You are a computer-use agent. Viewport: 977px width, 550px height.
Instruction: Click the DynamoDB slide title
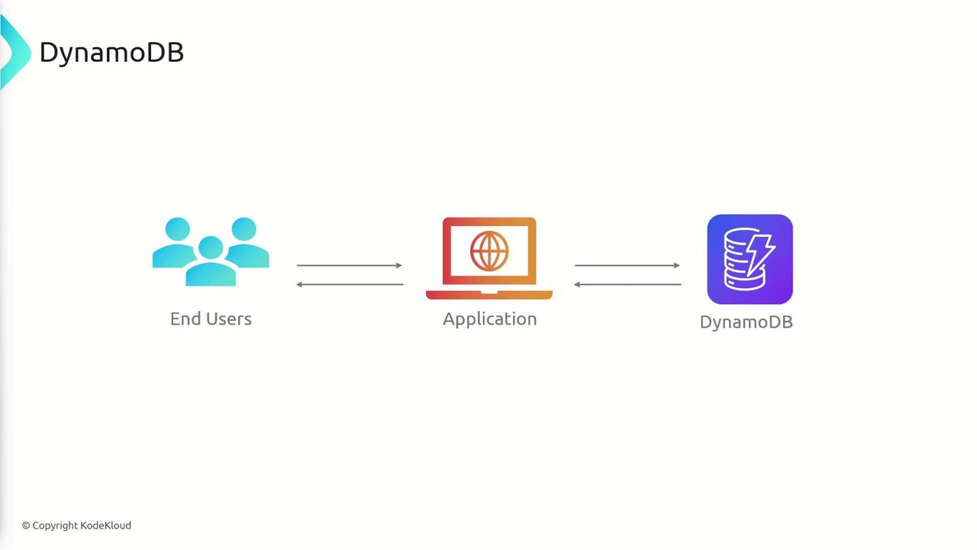[111, 53]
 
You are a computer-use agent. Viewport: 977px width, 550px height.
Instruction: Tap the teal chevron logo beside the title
[16, 52]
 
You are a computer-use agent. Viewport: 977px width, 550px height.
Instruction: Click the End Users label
[211, 319]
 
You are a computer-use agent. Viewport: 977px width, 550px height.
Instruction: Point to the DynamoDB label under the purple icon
[746, 322]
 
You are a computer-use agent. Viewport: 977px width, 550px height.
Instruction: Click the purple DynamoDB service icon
[750, 259]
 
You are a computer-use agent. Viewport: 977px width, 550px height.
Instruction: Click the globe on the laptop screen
[489, 251]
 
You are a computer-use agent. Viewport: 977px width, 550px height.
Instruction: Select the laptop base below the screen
[489, 295]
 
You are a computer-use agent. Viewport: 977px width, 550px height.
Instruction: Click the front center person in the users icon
[211, 261]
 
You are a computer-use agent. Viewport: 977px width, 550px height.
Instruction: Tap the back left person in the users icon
[175, 242]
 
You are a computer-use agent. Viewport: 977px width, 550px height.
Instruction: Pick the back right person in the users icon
[247, 242]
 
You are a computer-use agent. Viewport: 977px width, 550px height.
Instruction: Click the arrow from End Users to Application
[350, 265]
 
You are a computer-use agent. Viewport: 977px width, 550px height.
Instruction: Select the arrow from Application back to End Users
[350, 285]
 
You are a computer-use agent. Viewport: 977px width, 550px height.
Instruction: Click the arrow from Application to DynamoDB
[627, 265]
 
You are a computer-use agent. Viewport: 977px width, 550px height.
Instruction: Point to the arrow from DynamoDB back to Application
[627, 285]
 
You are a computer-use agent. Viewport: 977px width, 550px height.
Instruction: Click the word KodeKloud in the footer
[105, 525]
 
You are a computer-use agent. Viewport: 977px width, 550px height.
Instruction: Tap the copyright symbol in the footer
[26, 526]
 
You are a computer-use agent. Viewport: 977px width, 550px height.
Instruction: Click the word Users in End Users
[228, 319]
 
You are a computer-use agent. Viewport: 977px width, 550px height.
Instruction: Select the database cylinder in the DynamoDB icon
[741, 259]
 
